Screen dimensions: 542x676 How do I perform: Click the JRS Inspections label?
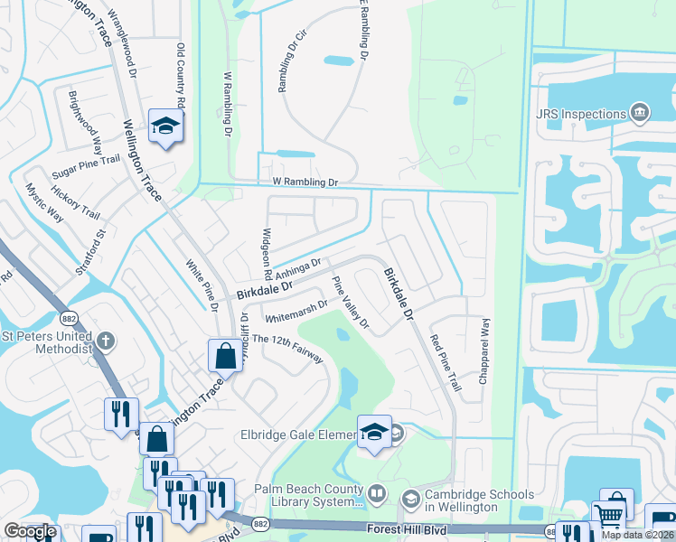point(580,115)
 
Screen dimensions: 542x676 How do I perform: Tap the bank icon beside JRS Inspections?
point(640,114)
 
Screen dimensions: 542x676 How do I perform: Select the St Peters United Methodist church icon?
point(107,341)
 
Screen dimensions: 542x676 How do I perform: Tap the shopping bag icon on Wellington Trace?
point(224,356)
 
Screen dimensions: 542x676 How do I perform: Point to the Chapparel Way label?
point(484,352)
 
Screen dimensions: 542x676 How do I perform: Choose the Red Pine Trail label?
point(445,362)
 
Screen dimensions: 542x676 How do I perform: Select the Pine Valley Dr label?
point(352,303)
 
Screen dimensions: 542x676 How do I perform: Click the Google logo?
point(30,531)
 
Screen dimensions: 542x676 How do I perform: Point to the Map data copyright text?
point(637,535)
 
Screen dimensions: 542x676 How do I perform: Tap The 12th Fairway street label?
point(287,348)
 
